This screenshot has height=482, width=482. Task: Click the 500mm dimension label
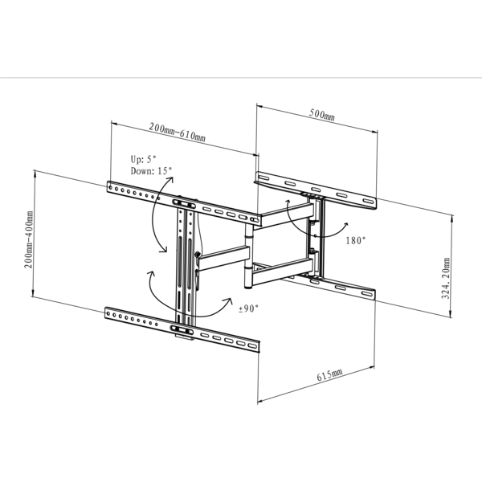322,114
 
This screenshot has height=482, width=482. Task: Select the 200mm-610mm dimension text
178,132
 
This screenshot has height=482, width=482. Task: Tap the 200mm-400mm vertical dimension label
29,239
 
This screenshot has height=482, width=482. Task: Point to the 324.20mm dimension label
445,278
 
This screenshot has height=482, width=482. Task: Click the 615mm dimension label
329,374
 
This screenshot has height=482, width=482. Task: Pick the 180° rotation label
356,240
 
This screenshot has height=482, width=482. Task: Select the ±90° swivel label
249,308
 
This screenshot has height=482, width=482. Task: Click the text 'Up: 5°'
144,159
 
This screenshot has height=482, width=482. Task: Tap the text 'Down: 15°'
151,170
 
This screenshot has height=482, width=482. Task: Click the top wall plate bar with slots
316,190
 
